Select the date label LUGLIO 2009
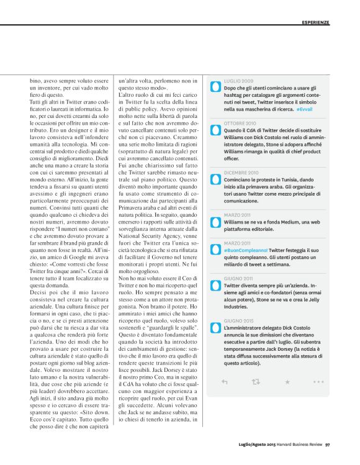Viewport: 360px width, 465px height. tap(238, 81)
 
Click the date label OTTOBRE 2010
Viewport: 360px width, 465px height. tap(240, 124)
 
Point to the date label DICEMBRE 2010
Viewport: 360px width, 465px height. tap(241, 172)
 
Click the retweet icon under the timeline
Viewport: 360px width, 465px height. tap(256, 382)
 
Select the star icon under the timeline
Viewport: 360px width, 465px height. tap(287, 382)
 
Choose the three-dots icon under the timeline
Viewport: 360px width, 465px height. tap(318, 382)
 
